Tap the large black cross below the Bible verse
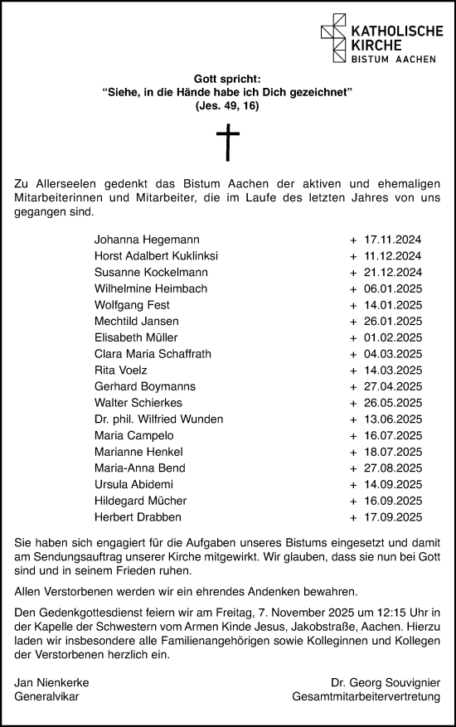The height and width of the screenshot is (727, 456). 227,143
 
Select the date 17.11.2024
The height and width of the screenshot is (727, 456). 394,240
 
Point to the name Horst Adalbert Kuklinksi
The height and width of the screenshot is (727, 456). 157,256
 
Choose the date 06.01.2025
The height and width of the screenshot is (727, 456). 394,288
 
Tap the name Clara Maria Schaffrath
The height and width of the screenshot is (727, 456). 153,354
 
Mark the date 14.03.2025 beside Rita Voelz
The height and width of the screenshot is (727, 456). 394,371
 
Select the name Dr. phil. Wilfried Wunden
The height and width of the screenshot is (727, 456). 159,419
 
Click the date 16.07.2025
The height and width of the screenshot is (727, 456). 394,436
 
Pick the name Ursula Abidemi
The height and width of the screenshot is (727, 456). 133,485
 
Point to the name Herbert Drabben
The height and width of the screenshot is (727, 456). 135,517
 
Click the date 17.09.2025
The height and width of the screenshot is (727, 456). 394,517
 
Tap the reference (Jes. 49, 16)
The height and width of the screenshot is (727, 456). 227,107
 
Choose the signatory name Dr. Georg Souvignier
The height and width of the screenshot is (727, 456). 386,682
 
